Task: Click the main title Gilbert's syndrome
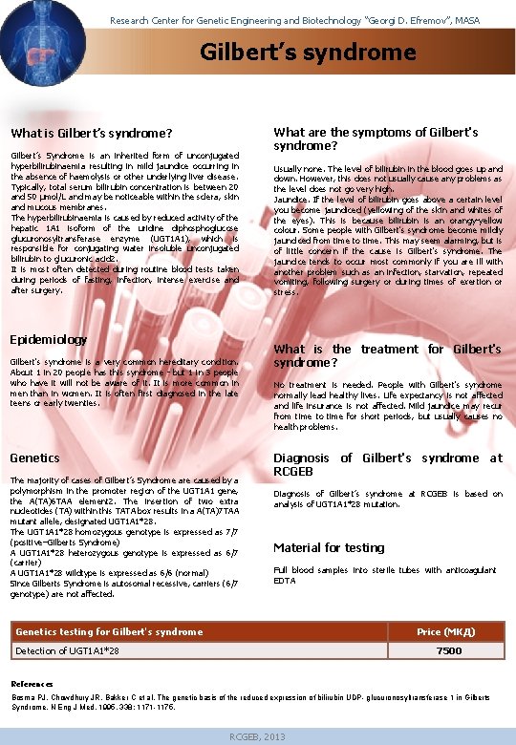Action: [294, 51]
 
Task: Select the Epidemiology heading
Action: [48, 339]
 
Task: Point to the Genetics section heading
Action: [34, 458]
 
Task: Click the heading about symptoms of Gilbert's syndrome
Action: [376, 138]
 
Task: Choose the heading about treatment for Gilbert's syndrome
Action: [387, 355]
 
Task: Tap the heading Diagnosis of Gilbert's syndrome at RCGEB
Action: [387, 464]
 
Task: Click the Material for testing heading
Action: [329, 547]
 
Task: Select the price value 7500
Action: [448, 650]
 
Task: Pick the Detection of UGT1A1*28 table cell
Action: [67, 650]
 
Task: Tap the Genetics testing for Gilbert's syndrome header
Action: [109, 631]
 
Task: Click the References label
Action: [32, 684]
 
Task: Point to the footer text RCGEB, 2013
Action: [258, 736]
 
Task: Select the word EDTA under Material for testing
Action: [285, 580]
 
